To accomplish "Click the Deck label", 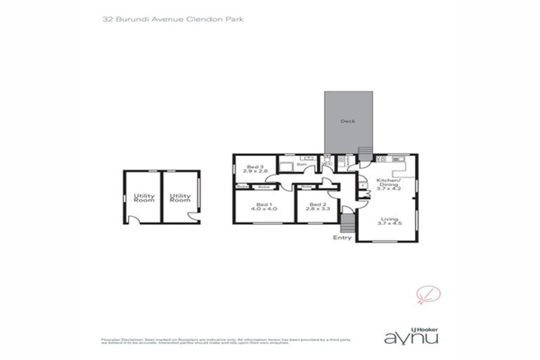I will [347, 121].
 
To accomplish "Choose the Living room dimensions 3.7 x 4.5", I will [387, 223].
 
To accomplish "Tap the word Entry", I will [342, 238].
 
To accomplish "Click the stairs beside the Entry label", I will [347, 224].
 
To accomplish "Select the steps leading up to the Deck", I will [364, 153].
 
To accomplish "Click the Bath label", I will [300, 165].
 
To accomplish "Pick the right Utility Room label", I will [180, 198].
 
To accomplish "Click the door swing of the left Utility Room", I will [134, 219].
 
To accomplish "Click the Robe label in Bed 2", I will [307, 187].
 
